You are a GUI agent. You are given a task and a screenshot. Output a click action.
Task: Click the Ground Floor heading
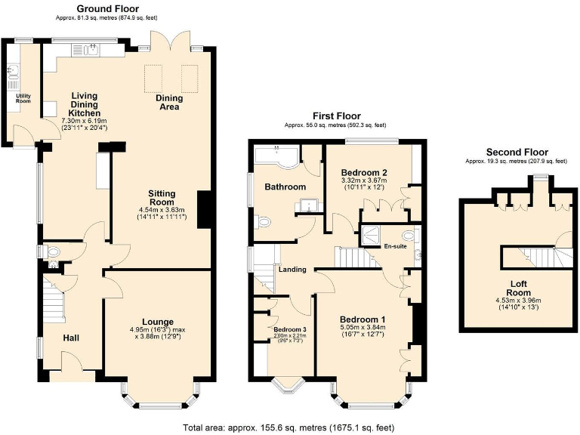[x=108, y=8]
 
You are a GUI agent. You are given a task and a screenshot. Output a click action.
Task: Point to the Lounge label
[x=157, y=321]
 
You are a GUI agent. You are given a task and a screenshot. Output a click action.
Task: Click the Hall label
[x=72, y=338]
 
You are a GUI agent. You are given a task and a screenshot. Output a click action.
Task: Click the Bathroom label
[x=285, y=187]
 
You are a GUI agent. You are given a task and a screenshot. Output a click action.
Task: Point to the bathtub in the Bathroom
[x=275, y=156]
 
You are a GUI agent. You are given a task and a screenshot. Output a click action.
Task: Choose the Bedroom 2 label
[x=363, y=171]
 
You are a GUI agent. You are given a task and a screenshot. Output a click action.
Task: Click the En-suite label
[x=395, y=246]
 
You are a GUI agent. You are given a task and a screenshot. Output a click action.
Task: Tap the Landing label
[x=292, y=270]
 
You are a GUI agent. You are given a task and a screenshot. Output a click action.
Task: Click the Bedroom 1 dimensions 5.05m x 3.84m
[x=362, y=328]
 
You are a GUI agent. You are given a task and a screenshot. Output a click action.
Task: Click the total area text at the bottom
[x=288, y=427]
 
